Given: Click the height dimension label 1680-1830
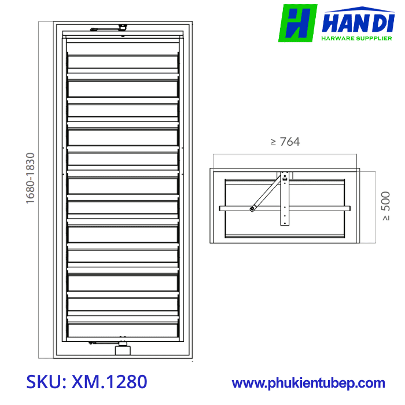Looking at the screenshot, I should (30, 178).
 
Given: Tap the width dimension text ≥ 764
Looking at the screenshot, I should (285, 142).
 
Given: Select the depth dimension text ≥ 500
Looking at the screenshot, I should (386, 207).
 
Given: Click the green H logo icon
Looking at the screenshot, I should (297, 23).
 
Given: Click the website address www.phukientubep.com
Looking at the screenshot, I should (308, 382).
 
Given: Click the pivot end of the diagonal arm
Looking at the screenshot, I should (252, 209).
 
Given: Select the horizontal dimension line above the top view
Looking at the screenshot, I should (284, 154).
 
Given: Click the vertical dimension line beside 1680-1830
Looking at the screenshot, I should (39, 191).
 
